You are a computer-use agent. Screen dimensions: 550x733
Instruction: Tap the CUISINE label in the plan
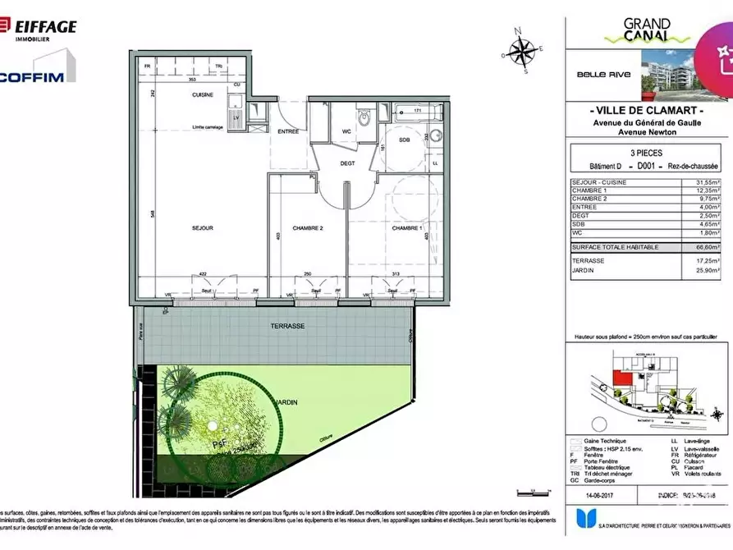203,95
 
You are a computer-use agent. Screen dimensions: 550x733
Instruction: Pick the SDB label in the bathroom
404,140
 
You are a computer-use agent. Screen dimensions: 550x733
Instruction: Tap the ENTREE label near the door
287,131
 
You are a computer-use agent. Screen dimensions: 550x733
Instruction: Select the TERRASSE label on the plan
288,326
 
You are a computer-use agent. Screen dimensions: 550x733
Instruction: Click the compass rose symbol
520,52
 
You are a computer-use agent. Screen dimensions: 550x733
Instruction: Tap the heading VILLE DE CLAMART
648,111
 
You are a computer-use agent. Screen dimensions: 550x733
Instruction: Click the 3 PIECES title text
647,153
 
